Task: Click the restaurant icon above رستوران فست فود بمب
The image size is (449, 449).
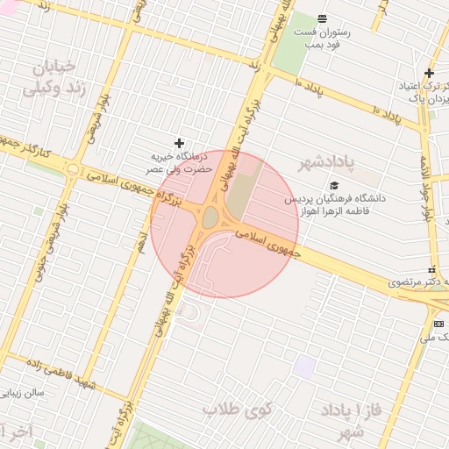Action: (x=322, y=18)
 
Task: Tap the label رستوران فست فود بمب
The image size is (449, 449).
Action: (x=326, y=37)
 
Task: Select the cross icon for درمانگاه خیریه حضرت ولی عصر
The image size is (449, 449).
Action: (x=180, y=143)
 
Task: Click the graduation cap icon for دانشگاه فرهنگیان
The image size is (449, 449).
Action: (x=333, y=185)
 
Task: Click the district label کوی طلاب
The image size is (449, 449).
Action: (x=238, y=410)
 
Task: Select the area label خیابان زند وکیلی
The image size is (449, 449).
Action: (x=54, y=77)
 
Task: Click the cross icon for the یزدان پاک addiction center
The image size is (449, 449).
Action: (x=429, y=73)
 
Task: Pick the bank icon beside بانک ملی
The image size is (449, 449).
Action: (x=438, y=324)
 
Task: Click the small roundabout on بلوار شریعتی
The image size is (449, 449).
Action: (x=73, y=169)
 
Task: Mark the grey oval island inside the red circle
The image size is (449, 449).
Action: (x=210, y=217)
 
